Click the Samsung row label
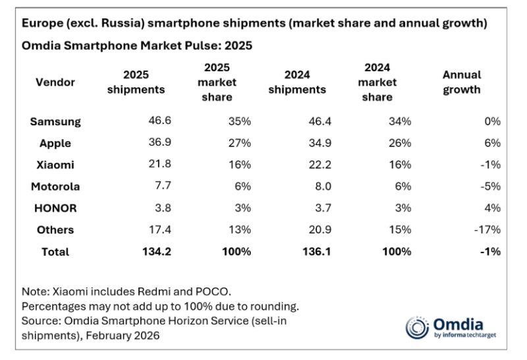55,121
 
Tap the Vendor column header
55,82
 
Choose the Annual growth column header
461,82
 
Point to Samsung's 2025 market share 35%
237,121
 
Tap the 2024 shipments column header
296,82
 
